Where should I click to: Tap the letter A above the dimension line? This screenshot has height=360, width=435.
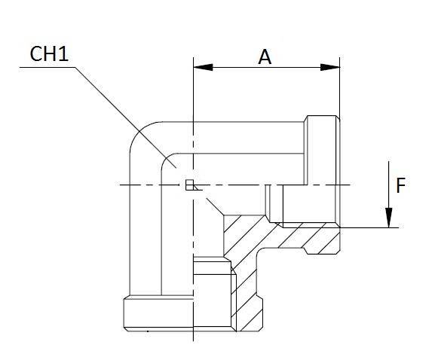point(265,56)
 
